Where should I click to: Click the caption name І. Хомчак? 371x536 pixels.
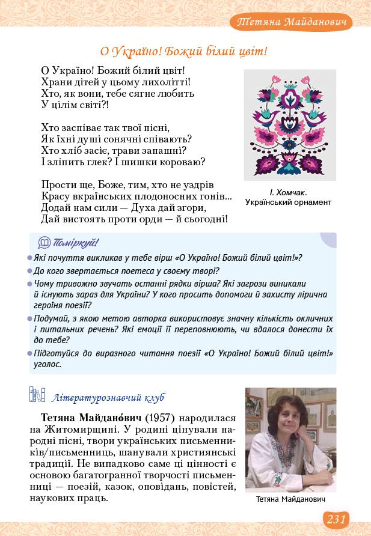coord(289,192)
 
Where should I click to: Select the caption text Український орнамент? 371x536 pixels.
coord(289,203)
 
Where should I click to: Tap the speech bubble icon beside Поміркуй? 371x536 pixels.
coord(44,243)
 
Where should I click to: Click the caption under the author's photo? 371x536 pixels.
coord(290,499)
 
